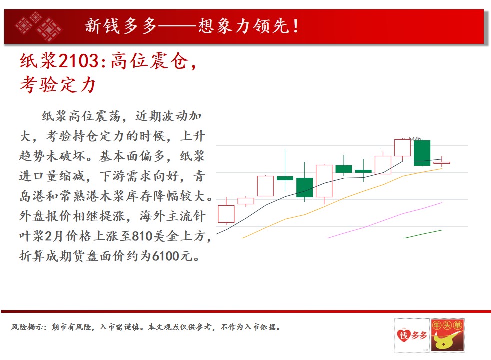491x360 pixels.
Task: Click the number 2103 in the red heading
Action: [x=78, y=60]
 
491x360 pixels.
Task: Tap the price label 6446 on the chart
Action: [x=415, y=138]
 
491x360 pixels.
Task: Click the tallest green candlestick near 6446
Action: [x=422, y=153]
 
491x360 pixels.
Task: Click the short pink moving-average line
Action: [x=385, y=220]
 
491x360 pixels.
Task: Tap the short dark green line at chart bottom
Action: [x=423, y=234]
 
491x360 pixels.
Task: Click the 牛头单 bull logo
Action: [x=448, y=335]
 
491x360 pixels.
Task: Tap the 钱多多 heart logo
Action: [x=412, y=335]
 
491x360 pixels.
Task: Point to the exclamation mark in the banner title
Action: [x=296, y=26]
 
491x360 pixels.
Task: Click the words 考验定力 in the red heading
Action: [x=58, y=85]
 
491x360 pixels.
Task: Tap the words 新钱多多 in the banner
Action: [x=121, y=26]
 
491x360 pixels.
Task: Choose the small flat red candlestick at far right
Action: [x=442, y=163]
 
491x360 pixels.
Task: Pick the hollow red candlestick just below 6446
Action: [x=402, y=148]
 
